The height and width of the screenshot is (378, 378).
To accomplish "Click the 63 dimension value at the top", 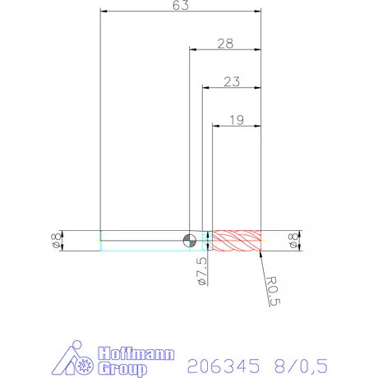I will coord(181,6).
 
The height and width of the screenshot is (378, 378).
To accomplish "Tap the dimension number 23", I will coord(231,81).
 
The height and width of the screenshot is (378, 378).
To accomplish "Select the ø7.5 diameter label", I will coord(202,270).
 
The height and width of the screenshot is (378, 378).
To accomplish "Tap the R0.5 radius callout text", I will coord(275,291).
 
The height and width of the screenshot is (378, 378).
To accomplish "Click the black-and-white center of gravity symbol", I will coord(190,239).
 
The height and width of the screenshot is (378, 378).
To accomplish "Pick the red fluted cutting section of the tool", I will coord(237,239).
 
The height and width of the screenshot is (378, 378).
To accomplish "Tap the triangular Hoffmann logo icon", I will coord(78,360).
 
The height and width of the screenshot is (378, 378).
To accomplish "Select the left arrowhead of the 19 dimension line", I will coord(216,127).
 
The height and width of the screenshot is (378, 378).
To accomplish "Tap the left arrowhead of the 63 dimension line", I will coord(104,11).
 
